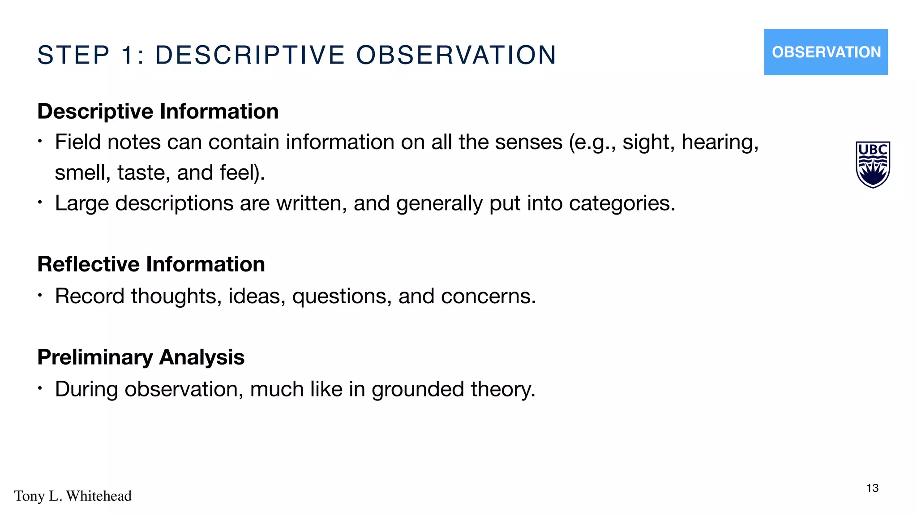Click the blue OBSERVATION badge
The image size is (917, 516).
point(826,52)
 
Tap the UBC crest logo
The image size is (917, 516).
point(873,164)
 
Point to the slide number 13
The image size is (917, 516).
point(872,488)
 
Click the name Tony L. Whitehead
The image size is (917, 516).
point(73,496)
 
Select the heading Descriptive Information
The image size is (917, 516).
point(158,111)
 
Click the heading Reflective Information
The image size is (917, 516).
point(151,264)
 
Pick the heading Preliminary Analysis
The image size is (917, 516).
point(141,357)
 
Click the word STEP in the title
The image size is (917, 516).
point(73,55)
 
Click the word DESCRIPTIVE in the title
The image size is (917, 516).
point(250,55)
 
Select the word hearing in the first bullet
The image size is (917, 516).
point(720,142)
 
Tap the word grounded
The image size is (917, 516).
point(417,389)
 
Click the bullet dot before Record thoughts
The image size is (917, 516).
point(40,295)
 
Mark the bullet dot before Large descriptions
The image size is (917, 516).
point(40,202)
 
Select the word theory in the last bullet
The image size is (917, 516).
point(502,389)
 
